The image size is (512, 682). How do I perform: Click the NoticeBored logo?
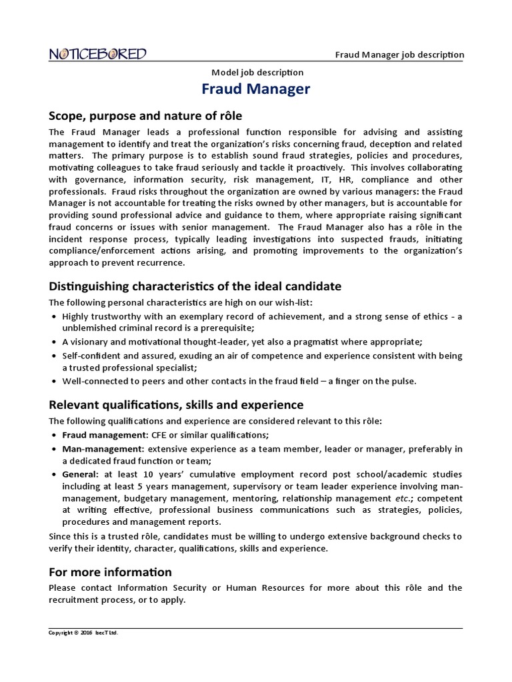[98, 55]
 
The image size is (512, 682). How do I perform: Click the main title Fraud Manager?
[257, 89]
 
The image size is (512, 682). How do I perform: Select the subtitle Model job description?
[257, 72]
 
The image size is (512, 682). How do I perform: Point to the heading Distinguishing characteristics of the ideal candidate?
[195, 286]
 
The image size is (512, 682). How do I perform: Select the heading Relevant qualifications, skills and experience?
[176, 405]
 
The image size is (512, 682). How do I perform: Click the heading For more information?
[110, 572]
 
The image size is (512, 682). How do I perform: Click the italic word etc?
[403, 498]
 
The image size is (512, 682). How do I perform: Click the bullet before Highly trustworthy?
[53, 316]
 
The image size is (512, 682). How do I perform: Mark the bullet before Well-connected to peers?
[53, 382]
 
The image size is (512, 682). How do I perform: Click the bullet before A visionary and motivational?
[53, 342]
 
